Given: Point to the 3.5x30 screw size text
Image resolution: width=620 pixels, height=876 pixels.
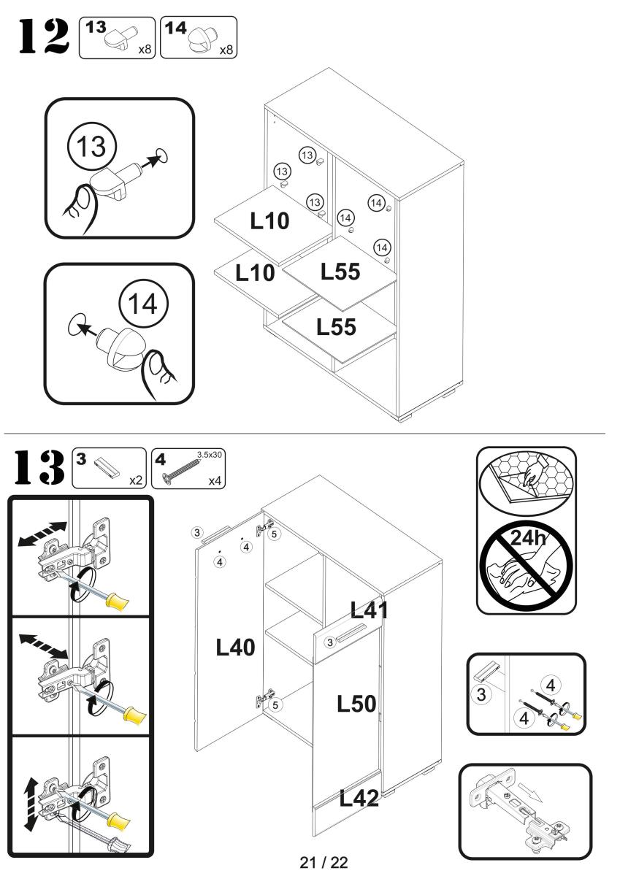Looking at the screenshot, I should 212,453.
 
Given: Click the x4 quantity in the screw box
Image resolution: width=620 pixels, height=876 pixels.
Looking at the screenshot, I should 213,481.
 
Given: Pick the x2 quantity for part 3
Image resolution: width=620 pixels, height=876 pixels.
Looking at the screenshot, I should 134,481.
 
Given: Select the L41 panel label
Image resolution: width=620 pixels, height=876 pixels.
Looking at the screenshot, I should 370,610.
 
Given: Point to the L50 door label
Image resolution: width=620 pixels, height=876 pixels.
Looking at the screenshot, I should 356,704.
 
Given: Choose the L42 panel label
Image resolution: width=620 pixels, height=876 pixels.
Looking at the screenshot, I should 359,799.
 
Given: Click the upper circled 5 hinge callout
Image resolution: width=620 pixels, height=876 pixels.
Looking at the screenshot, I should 274,534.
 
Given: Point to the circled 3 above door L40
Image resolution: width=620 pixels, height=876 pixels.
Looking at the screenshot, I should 196,531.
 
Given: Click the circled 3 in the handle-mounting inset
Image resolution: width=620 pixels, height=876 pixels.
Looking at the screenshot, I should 481,693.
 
